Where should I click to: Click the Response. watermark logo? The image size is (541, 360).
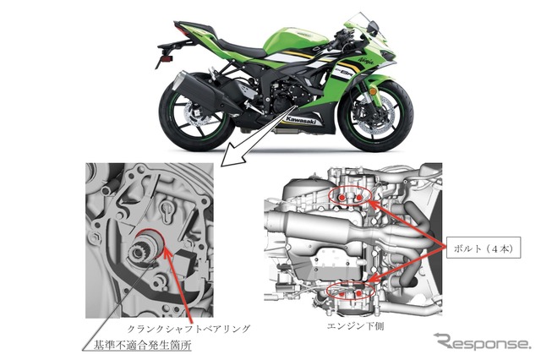point(482,342)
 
